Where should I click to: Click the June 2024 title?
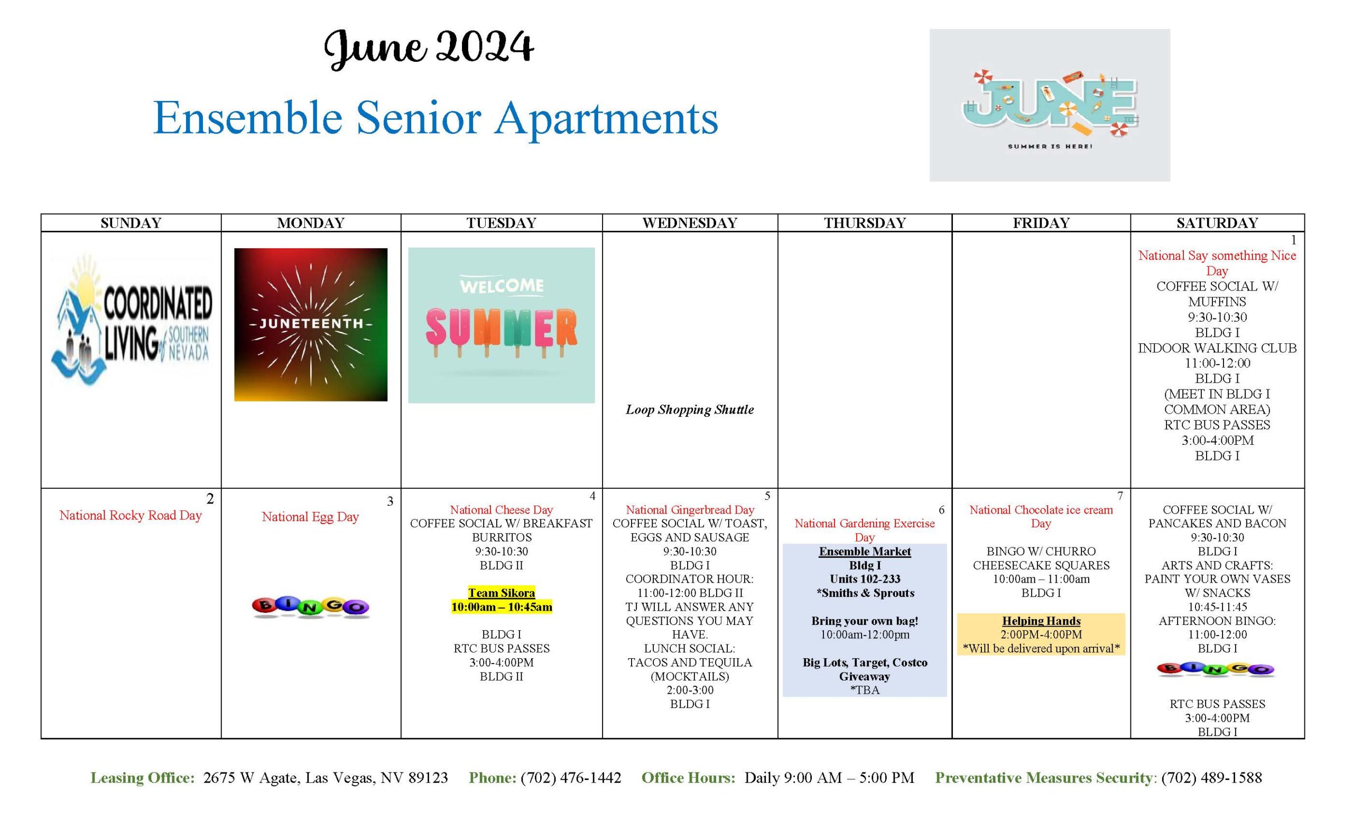click(428, 48)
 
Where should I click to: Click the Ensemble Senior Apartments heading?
click(435, 118)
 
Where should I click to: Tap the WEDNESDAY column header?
click(690, 223)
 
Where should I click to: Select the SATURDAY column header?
click(1217, 223)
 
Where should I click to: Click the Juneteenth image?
click(311, 324)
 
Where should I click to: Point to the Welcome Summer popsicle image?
click(501, 325)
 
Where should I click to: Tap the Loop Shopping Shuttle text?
click(690, 409)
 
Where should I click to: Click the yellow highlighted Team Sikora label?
click(502, 593)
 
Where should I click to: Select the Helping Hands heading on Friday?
click(1041, 621)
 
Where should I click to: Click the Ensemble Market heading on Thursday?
click(865, 552)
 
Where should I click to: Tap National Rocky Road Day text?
click(131, 515)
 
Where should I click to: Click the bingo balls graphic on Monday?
click(311, 607)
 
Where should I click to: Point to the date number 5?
click(767, 496)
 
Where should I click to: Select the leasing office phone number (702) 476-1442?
click(571, 778)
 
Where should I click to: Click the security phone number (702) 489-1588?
click(1212, 778)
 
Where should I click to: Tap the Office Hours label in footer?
click(688, 778)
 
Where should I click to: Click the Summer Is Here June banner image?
click(1049, 105)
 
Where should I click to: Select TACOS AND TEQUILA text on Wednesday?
click(690, 663)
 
